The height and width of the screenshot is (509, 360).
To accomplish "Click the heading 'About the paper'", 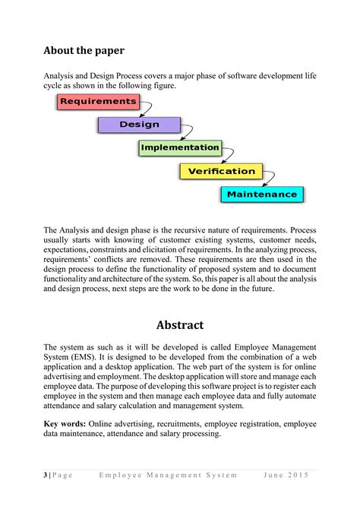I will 84,51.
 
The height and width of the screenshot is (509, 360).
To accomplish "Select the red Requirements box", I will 98,101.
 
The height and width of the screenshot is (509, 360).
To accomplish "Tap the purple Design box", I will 139,125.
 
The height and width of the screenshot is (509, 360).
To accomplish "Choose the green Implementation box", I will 180,147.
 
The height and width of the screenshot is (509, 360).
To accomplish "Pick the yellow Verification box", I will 222,171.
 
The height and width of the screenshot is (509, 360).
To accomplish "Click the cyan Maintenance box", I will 262,194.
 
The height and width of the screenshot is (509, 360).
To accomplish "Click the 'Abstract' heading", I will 180,325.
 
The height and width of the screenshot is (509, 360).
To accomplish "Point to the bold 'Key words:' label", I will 65,423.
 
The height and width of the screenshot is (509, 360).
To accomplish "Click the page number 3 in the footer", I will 46,475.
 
